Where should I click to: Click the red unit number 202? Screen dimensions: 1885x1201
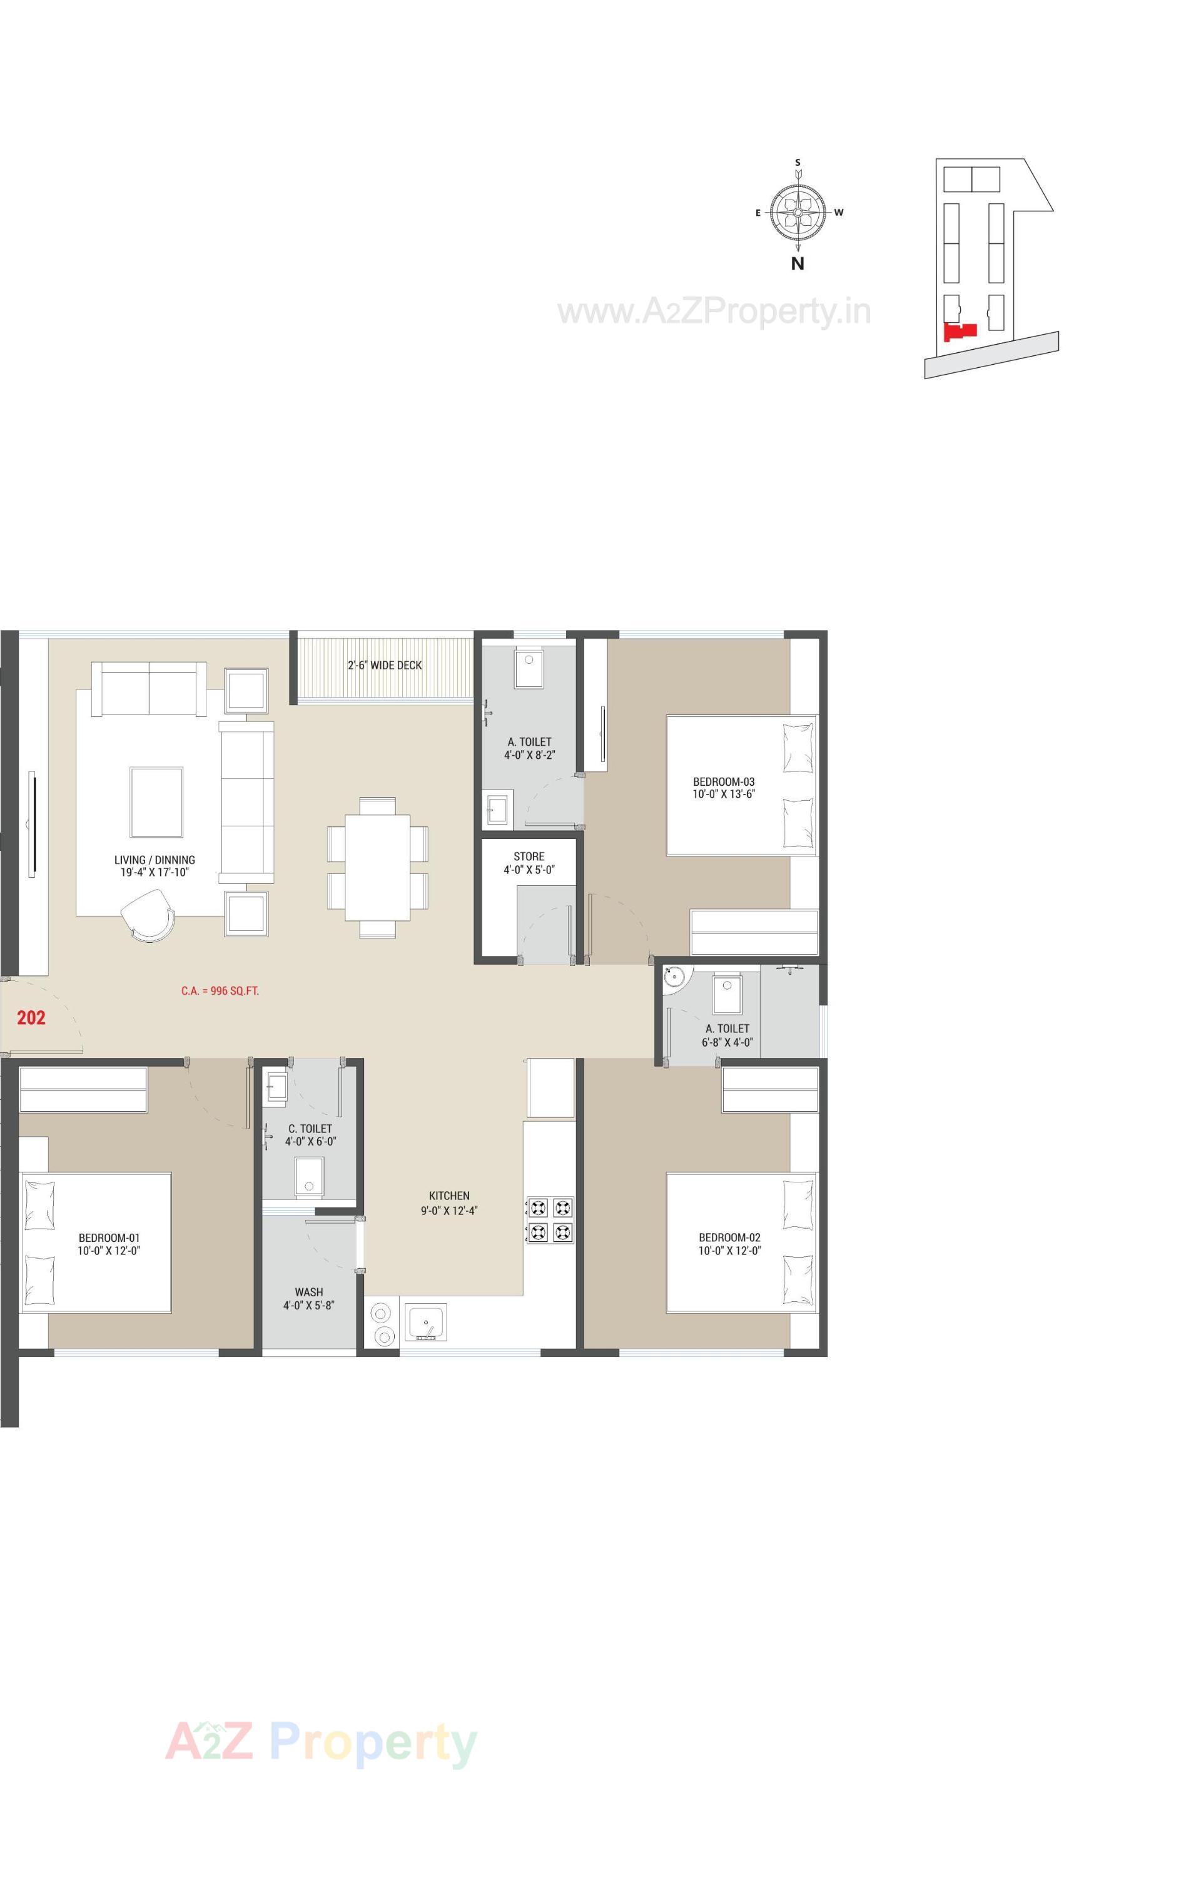coord(31,1018)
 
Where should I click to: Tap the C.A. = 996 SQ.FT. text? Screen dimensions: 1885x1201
coord(220,991)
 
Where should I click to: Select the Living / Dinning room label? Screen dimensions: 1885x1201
coord(155,866)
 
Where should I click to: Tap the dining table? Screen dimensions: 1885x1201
coord(377,867)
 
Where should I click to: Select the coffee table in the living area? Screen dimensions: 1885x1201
coord(156,803)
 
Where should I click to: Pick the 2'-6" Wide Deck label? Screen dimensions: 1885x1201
coord(385,666)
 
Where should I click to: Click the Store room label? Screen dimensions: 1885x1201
coord(529,863)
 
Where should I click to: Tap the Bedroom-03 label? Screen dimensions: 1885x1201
coord(724,788)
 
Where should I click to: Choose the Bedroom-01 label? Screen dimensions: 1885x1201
coord(109,1244)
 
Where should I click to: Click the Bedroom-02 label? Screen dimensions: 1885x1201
coord(729,1244)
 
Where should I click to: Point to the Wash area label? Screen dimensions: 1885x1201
coord(309,1298)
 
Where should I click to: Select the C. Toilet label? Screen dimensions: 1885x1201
coord(310,1135)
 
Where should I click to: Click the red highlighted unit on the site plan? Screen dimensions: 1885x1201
coord(961,332)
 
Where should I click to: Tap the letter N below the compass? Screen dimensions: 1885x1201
coord(797,264)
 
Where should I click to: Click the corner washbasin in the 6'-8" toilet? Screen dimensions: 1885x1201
coord(673,977)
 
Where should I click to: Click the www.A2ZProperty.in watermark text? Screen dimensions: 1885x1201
coord(714,312)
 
